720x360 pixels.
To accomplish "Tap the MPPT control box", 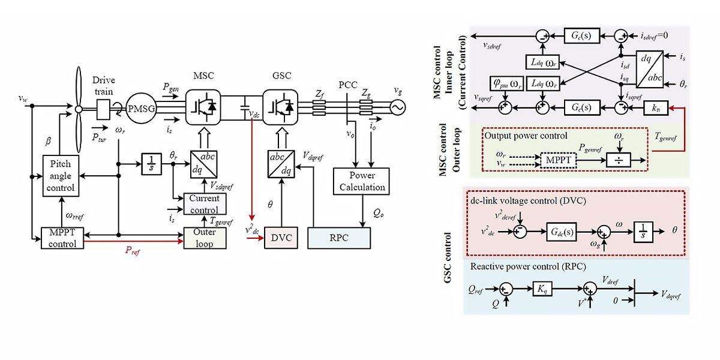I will tap(59, 238).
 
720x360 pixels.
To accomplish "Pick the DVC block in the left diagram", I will tap(280, 238).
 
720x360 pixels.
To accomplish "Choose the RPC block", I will tap(336, 238).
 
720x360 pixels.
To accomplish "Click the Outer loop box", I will tap(204, 238).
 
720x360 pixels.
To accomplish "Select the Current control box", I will tap(204, 204).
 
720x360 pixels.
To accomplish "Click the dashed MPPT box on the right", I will tap(557, 160).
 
